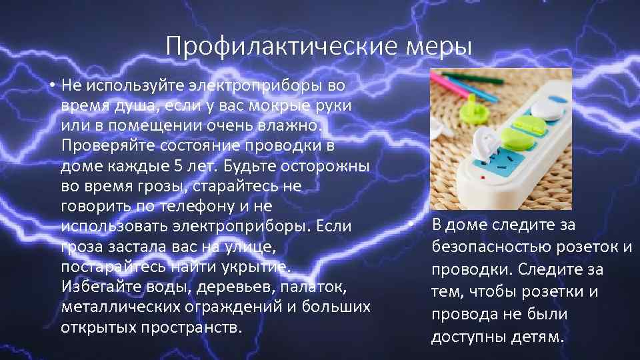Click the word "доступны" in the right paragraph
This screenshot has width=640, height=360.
pyautogui.click(x=462, y=337)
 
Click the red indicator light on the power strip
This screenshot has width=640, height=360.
pyautogui.click(x=481, y=181)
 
